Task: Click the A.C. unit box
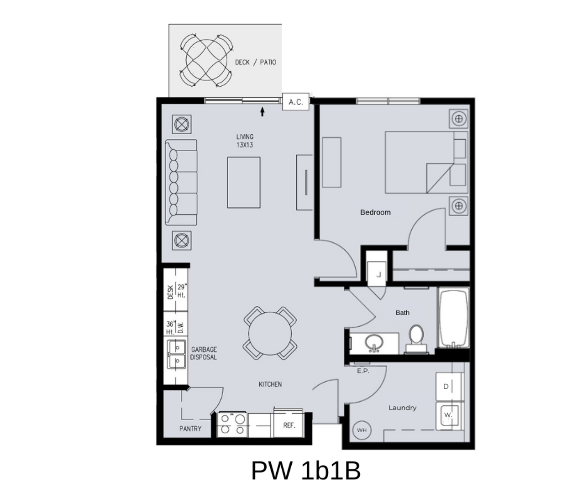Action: click(296, 102)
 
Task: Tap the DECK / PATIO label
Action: click(256, 62)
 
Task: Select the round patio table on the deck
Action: click(206, 60)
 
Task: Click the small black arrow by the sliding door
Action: click(262, 111)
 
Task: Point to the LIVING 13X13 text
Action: click(245, 141)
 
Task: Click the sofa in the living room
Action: click(181, 182)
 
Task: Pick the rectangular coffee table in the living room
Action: click(244, 183)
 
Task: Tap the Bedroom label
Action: click(375, 212)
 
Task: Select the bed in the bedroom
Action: click(426, 162)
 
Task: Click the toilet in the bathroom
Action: click(416, 339)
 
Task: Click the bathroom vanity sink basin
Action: click(374, 343)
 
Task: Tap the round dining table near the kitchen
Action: click(270, 333)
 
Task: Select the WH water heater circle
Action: click(362, 430)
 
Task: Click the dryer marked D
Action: click(450, 386)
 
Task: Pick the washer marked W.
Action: click(450, 416)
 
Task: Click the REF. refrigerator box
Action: click(289, 425)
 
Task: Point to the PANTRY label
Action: click(190, 429)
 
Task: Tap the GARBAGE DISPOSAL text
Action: click(204, 353)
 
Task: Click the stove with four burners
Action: click(232, 425)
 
